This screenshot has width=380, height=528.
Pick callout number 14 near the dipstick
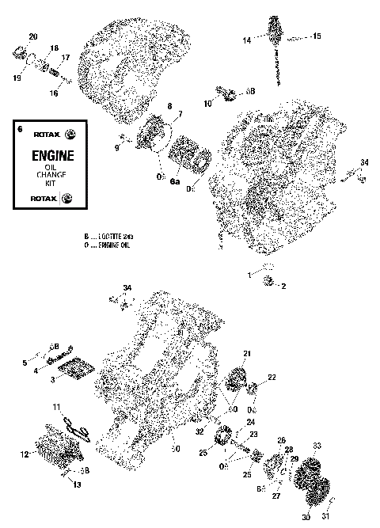pyautogui.click(x=246, y=40)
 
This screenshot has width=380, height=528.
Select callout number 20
pyautogui.click(x=32, y=37)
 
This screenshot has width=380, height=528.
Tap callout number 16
pyautogui.click(x=54, y=93)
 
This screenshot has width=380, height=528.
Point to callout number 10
pyautogui.click(x=207, y=104)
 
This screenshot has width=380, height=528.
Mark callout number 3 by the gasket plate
pyautogui.click(x=53, y=379)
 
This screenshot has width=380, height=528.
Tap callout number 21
pyautogui.click(x=246, y=353)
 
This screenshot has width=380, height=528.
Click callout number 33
pyautogui.click(x=317, y=446)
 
